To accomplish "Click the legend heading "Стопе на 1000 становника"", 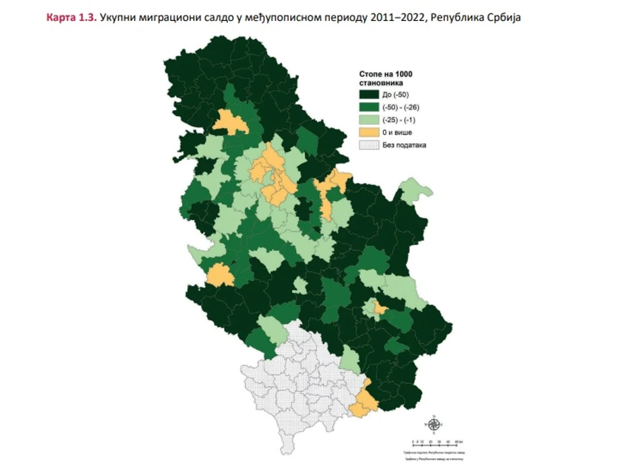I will [x=384, y=78].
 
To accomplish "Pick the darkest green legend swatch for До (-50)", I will [x=368, y=94].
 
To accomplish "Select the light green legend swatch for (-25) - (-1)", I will [x=368, y=119].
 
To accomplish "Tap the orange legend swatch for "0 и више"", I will [x=368, y=132].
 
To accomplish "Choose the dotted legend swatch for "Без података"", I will [x=368, y=144].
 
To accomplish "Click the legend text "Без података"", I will [x=404, y=144].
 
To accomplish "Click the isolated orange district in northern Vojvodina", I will [x=230, y=121].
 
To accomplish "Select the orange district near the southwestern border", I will [x=219, y=275].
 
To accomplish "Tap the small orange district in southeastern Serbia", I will [x=380, y=308].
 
